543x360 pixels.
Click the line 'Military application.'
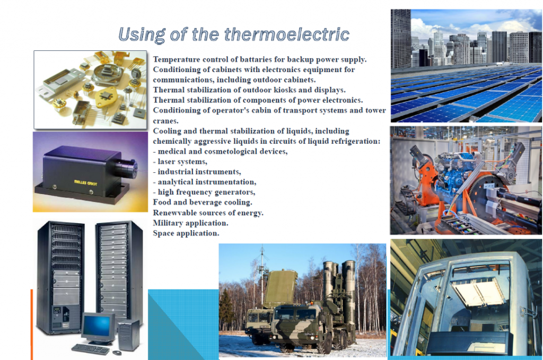(x=190, y=223)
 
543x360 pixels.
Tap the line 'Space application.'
(x=186, y=233)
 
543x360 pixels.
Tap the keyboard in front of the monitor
(x=90, y=349)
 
